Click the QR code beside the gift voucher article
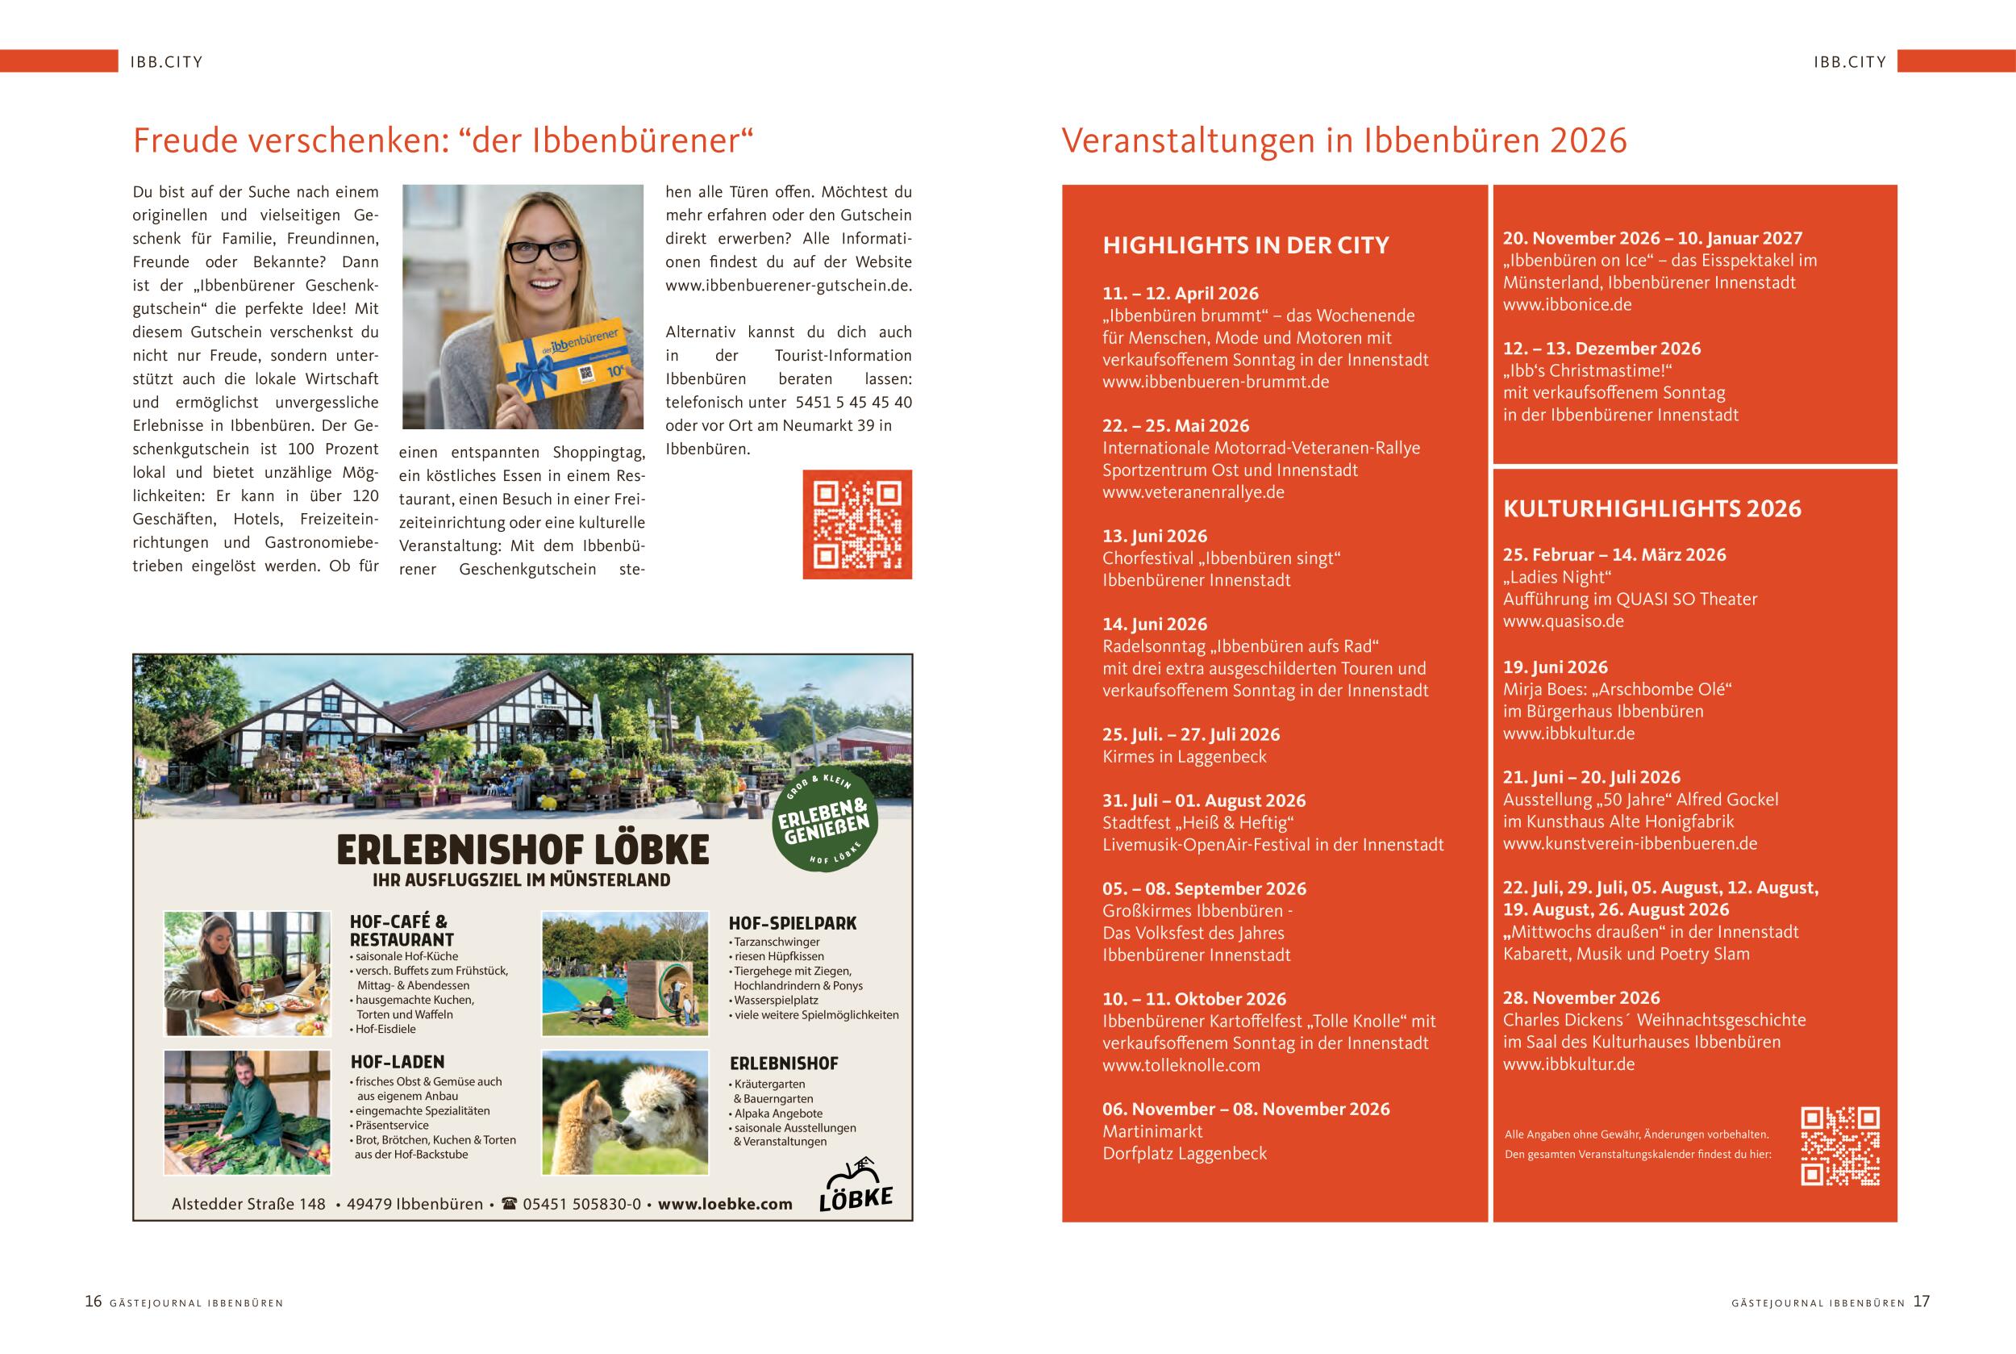pyautogui.click(x=857, y=524)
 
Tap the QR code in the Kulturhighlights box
pyautogui.click(x=1839, y=1146)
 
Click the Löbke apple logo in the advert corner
pyautogui.click(x=856, y=1186)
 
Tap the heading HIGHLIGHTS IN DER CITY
pyautogui.click(x=1245, y=245)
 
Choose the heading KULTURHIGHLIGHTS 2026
pyautogui.click(x=1652, y=508)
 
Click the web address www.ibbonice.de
pyautogui.click(x=1567, y=305)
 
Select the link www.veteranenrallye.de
pyautogui.click(x=1193, y=492)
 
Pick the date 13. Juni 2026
pyautogui.click(x=1154, y=537)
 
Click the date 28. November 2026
pyautogui.click(x=1581, y=997)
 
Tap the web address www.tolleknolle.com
pyautogui.click(x=1181, y=1066)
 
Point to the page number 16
pyautogui.click(x=94, y=1302)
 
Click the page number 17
pyautogui.click(x=1921, y=1302)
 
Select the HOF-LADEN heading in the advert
pyautogui.click(x=397, y=1062)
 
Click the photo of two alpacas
pyautogui.click(x=625, y=1112)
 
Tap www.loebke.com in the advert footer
pyautogui.click(x=725, y=1204)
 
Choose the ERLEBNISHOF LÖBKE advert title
pyautogui.click(x=522, y=850)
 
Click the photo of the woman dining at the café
pyautogui.click(x=248, y=973)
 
